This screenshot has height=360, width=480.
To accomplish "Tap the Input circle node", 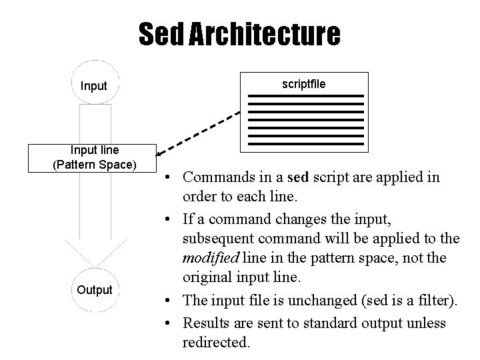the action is pos(93,86).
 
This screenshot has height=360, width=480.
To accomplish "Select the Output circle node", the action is pos(93,289).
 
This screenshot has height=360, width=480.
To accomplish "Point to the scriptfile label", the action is pos(304,84).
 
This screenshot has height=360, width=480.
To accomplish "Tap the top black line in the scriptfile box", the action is pos(306,97).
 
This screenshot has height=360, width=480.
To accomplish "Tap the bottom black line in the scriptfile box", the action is pos(306,144).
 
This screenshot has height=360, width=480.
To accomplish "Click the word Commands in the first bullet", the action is pos(216,178).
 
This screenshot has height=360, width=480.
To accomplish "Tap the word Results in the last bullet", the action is pos(204,323).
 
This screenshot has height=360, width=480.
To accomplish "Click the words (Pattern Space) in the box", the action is pos(93,164).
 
